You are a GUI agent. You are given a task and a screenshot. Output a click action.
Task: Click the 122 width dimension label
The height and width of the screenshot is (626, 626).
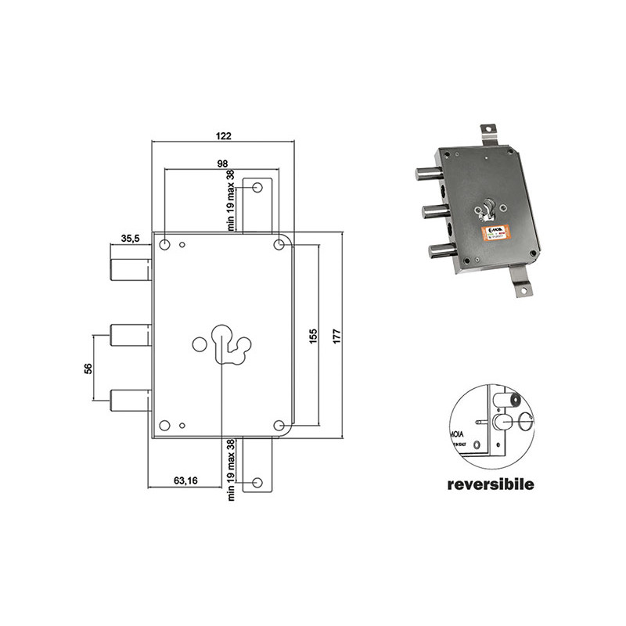(223, 135)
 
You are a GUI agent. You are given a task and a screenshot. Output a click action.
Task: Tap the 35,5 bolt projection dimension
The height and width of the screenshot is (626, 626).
(130, 239)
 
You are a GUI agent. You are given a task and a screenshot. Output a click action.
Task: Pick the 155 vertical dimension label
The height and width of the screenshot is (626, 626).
(312, 335)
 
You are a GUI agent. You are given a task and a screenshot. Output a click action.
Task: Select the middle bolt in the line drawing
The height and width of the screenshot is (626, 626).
(130, 335)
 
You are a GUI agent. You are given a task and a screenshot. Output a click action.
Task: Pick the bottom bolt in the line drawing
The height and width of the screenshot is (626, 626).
(130, 401)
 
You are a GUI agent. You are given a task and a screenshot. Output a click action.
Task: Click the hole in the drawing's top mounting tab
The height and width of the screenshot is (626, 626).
(256, 188)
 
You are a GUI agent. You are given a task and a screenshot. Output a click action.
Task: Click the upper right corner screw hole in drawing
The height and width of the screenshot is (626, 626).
(279, 245)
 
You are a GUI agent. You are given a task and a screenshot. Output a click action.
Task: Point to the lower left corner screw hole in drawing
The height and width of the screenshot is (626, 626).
(165, 426)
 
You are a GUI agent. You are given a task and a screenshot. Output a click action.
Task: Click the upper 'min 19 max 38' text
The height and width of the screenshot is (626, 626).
(231, 200)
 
